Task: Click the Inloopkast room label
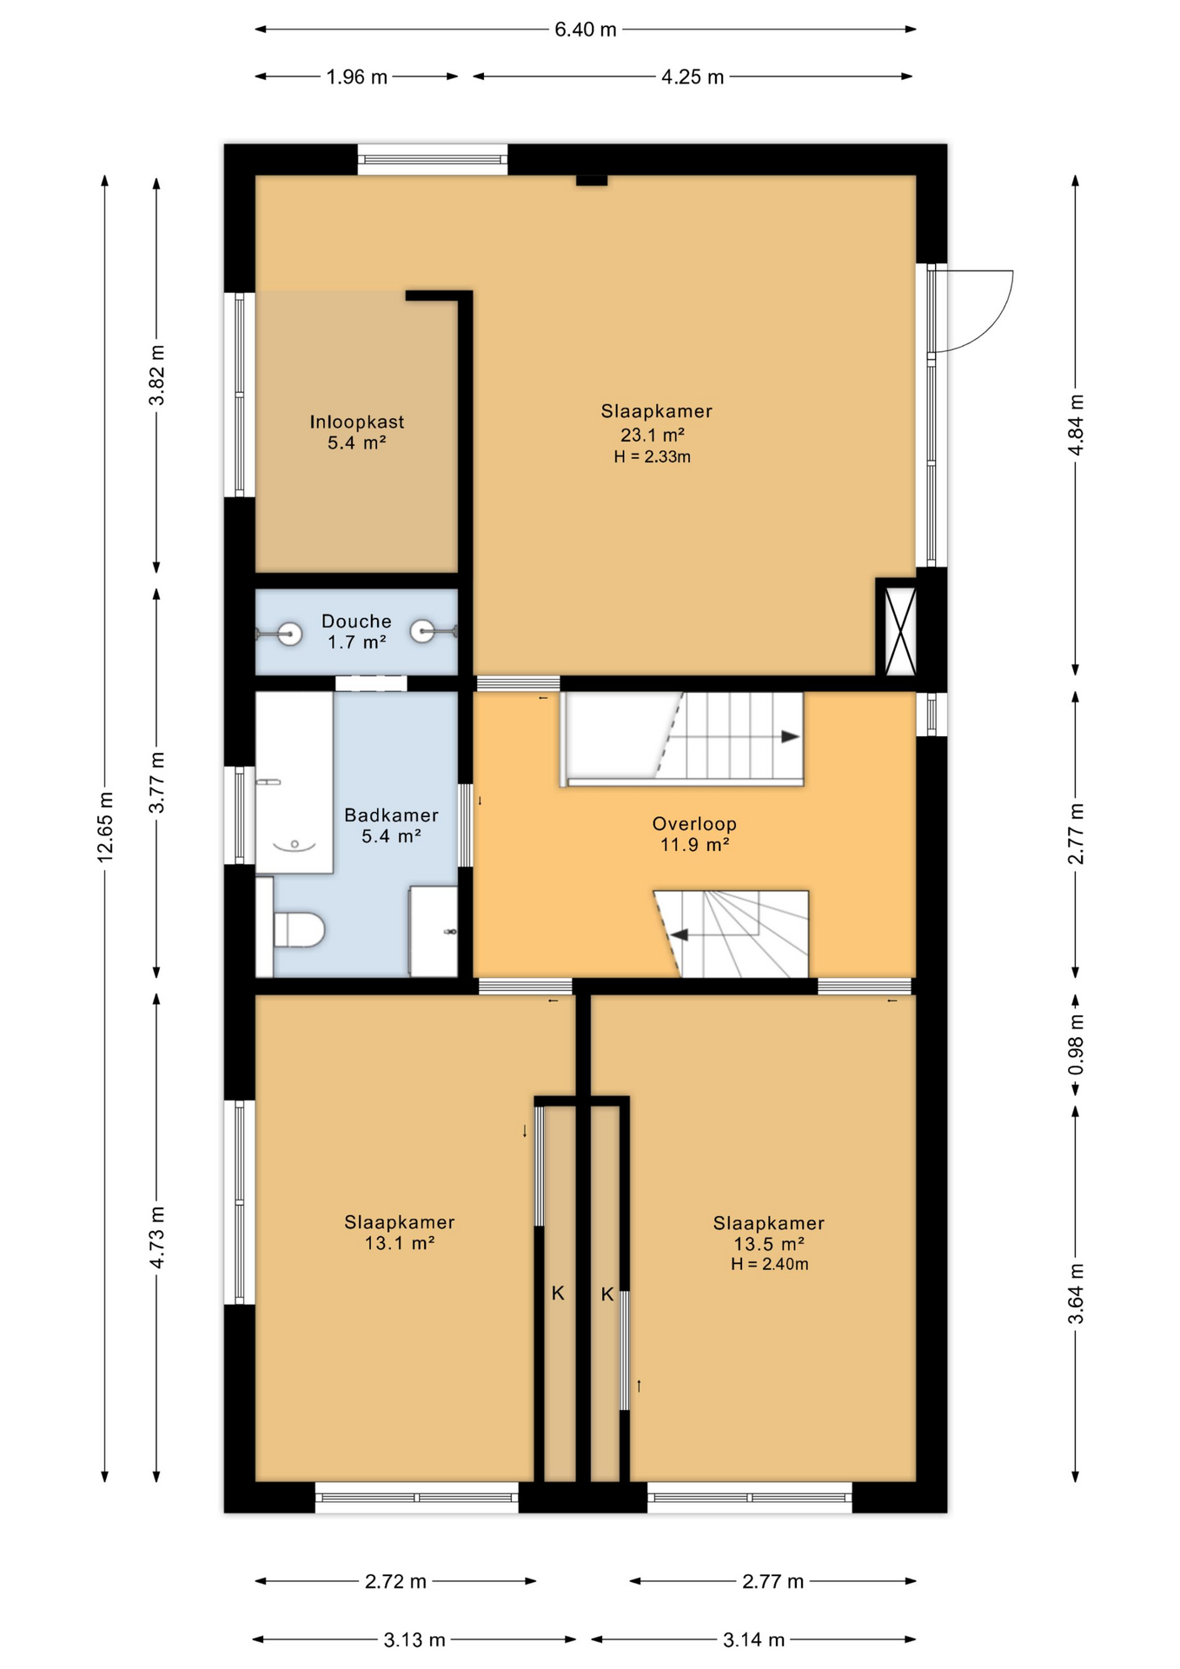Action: click(x=356, y=422)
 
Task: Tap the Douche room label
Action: click(x=356, y=622)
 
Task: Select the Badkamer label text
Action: click(x=391, y=815)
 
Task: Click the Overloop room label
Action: click(x=694, y=824)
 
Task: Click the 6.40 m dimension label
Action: click(x=586, y=30)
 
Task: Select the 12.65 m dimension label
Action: click(x=105, y=828)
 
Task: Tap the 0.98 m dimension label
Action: click(x=1076, y=1044)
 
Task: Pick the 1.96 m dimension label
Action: click(x=356, y=77)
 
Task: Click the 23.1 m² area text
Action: click(x=652, y=435)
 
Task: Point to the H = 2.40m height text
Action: click(x=769, y=1264)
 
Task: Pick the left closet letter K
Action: click(x=558, y=1293)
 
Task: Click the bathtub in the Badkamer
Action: click(x=294, y=782)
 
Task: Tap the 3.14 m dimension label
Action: click(x=753, y=1640)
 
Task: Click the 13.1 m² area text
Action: click(x=399, y=1243)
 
